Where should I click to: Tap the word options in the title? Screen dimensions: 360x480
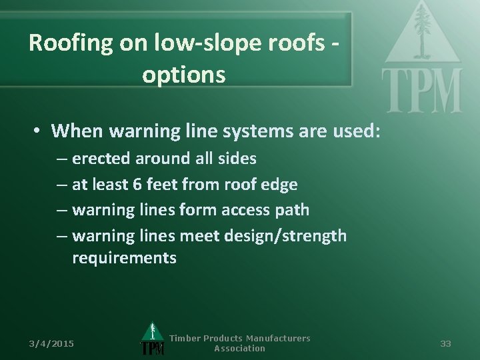(x=183, y=75)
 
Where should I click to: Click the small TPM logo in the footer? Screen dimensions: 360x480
(x=152, y=341)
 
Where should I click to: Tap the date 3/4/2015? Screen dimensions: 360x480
(x=51, y=343)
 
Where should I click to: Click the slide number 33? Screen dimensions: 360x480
(x=446, y=343)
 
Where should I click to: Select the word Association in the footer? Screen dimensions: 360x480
(x=239, y=349)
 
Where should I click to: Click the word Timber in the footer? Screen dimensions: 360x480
(x=185, y=339)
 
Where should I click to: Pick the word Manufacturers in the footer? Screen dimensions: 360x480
(x=279, y=339)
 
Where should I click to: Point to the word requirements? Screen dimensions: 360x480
(x=124, y=258)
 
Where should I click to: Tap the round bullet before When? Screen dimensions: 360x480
(x=40, y=131)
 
